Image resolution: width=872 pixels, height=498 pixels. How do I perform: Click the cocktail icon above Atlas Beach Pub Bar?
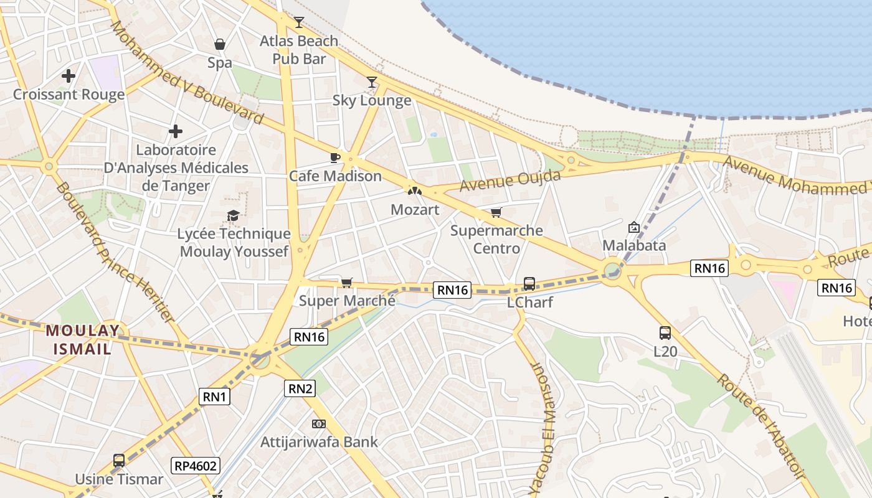click(x=299, y=22)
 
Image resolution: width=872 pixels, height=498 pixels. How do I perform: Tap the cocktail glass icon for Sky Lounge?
click(x=372, y=82)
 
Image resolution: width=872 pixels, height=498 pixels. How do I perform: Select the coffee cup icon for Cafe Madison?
click(x=335, y=157)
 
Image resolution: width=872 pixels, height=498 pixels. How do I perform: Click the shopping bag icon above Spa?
click(x=220, y=44)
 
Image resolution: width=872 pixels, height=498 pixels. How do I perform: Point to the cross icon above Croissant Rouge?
click(x=69, y=76)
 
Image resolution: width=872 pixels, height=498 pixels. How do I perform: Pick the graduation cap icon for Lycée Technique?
click(x=233, y=215)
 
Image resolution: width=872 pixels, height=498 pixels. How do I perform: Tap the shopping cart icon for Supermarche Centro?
click(x=496, y=213)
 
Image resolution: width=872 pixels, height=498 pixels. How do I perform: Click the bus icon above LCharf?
click(x=529, y=284)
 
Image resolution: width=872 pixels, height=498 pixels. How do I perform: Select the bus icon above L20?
click(x=665, y=333)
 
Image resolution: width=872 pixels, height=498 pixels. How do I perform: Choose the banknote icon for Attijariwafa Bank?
click(x=319, y=424)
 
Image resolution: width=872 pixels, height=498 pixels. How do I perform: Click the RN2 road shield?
click(x=300, y=389)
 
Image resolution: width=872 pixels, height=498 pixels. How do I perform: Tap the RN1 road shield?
click(x=215, y=397)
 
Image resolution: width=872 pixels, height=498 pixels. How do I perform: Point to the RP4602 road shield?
click(x=196, y=466)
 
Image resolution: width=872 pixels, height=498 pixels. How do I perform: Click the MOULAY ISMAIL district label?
click(x=82, y=339)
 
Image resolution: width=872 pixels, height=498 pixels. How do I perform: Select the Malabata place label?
click(x=634, y=245)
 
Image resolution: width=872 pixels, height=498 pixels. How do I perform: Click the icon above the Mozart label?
click(x=415, y=190)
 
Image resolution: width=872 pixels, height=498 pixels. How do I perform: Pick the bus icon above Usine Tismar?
click(x=119, y=461)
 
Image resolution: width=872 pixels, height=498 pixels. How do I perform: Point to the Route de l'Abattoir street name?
click(x=761, y=426)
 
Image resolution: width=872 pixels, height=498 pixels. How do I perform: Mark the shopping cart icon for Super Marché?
click(x=347, y=283)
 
